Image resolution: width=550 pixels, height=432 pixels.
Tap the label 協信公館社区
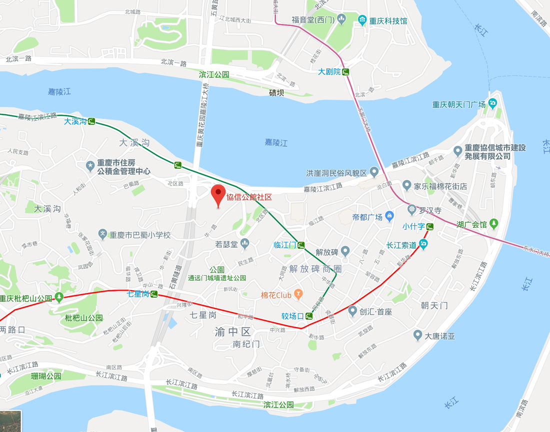[x=249, y=197]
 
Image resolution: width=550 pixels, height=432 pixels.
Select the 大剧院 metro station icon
[x=345, y=72]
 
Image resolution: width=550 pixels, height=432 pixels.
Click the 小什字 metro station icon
[x=430, y=227]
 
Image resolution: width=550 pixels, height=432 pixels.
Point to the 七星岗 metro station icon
[x=154, y=294]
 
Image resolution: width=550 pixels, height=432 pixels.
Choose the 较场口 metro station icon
[x=309, y=316]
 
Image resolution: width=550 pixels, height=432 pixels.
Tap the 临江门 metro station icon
[x=301, y=245]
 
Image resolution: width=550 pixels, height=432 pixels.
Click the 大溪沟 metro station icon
[x=91, y=121]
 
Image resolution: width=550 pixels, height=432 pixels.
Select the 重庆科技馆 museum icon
[x=362, y=21]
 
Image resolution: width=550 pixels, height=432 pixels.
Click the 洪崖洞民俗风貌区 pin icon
[x=374, y=173]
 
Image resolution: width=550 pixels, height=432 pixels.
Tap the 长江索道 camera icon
[x=423, y=245]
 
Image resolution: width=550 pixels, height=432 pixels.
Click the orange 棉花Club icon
[x=298, y=295]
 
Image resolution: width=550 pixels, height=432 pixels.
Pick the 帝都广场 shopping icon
[x=390, y=216]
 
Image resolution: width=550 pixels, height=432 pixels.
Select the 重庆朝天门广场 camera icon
[x=492, y=104]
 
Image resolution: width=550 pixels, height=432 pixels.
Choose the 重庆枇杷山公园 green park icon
[x=59, y=299]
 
